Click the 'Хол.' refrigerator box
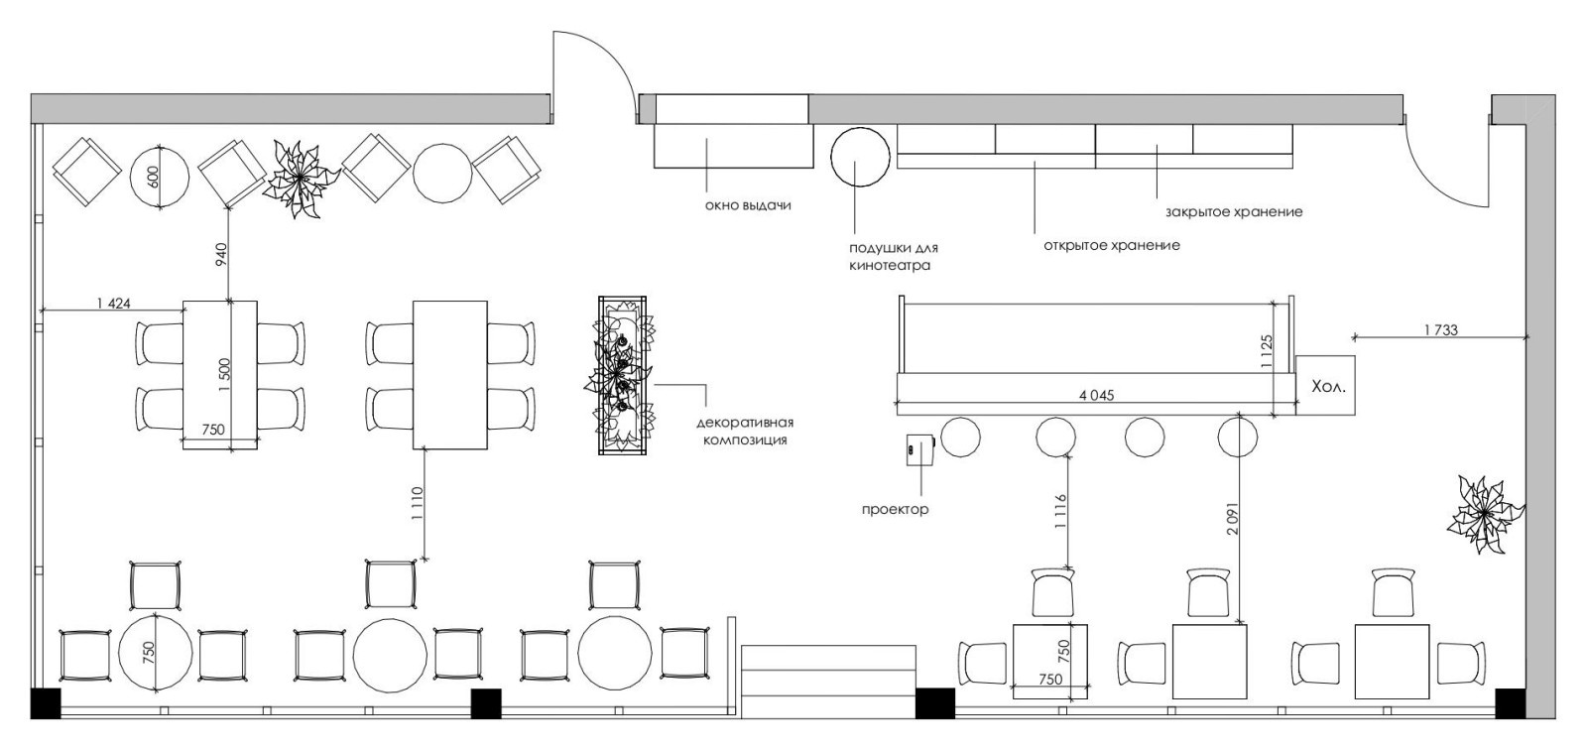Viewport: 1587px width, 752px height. pyautogui.click(x=1325, y=386)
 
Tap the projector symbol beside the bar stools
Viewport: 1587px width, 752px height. pyautogui.click(x=920, y=449)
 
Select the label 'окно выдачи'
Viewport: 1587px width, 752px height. pyautogui.click(x=748, y=205)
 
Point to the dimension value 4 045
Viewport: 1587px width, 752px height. pyautogui.click(x=1096, y=396)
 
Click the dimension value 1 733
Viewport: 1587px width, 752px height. pyautogui.click(x=1440, y=329)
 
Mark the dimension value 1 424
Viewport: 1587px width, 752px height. pyautogui.click(x=113, y=304)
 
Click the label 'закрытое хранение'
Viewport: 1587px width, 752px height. pyautogui.click(x=1234, y=212)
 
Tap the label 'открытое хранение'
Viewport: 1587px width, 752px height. pyautogui.click(x=1112, y=246)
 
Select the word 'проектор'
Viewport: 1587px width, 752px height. pyautogui.click(x=895, y=510)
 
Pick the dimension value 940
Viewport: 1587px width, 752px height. pyautogui.click(x=220, y=254)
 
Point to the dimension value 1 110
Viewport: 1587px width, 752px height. pyautogui.click(x=416, y=503)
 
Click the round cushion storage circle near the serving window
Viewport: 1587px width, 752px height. pyautogui.click(x=859, y=156)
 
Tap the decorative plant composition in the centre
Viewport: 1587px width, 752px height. pyautogui.click(x=621, y=375)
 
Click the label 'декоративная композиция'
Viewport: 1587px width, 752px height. pyautogui.click(x=745, y=432)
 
